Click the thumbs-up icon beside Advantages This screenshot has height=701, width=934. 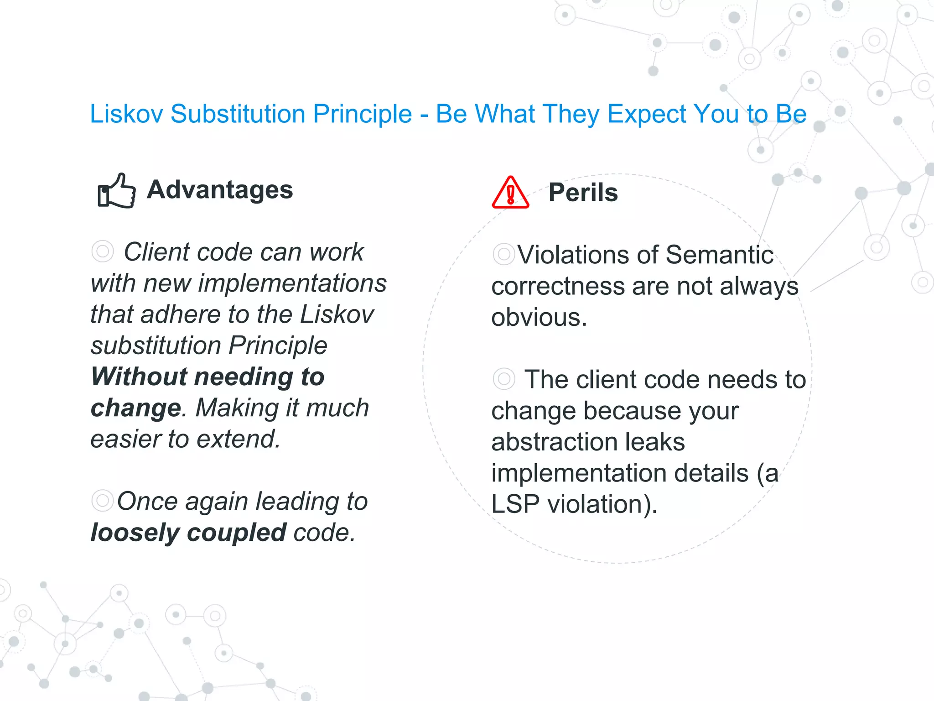click(117, 191)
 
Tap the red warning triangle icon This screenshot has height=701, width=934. click(510, 194)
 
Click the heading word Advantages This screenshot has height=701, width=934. click(219, 190)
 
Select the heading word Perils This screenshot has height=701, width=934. click(583, 193)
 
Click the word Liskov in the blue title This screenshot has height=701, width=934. click(126, 114)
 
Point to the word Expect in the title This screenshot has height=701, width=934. click(646, 114)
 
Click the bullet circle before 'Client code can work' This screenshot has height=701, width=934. click(102, 251)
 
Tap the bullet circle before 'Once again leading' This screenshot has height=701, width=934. click(102, 501)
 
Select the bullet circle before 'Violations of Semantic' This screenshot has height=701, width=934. click(503, 254)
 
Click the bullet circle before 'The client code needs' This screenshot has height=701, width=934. click(503, 379)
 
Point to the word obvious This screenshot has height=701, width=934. click(539, 317)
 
